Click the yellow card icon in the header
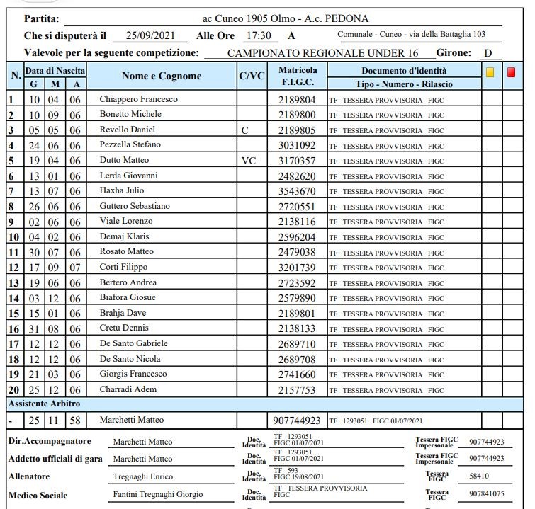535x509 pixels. click(x=490, y=72)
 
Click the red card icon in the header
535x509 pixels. click(x=512, y=72)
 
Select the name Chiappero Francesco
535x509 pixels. click(x=138, y=99)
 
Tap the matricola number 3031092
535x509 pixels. click(x=298, y=145)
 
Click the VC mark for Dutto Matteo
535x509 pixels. click(x=248, y=161)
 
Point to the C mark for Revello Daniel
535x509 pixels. click(x=245, y=130)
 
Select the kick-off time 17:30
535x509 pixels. click(x=257, y=35)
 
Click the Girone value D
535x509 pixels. click(x=488, y=53)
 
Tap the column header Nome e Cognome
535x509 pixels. click(x=162, y=76)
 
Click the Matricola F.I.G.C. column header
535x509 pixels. click(x=298, y=76)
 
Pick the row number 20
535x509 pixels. click(x=13, y=390)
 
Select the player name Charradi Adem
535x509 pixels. click(x=128, y=389)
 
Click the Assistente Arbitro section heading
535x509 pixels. click(x=43, y=404)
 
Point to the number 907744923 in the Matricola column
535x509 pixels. click(x=298, y=421)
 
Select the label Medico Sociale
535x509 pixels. click(x=38, y=494)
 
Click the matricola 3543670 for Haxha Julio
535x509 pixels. click(x=298, y=191)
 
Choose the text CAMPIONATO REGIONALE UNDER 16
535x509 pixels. click(x=322, y=53)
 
